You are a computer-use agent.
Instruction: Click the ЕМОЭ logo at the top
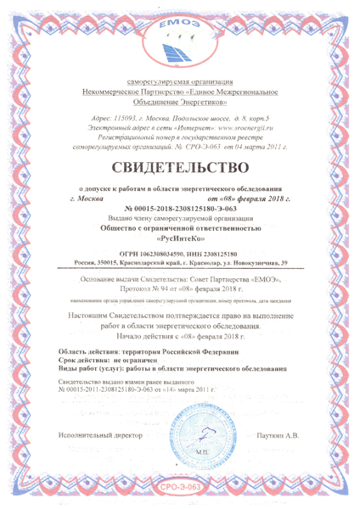[x=180, y=37]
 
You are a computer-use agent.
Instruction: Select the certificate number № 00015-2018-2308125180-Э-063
[x=180, y=208]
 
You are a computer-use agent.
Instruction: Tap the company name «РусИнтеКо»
[x=180, y=238]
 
